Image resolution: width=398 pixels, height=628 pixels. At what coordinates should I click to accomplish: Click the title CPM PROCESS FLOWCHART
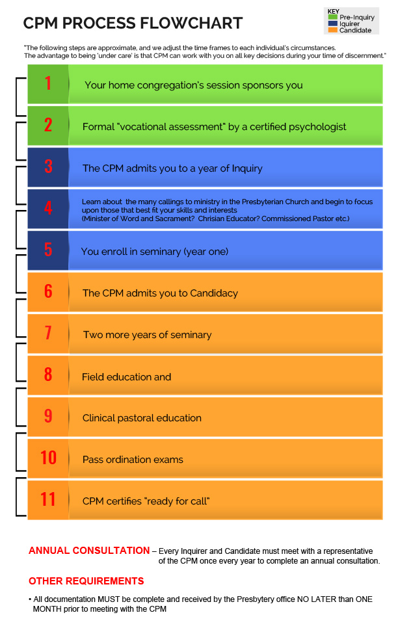(133, 24)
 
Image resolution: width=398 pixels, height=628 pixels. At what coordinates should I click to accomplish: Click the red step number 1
(48, 84)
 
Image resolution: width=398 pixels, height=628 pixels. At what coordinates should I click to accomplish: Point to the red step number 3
(48, 167)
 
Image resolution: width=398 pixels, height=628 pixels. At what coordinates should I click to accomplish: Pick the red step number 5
(48, 250)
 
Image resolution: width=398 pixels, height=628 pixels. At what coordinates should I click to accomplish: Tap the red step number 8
(48, 375)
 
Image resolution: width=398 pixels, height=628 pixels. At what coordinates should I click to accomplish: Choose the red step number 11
(48, 500)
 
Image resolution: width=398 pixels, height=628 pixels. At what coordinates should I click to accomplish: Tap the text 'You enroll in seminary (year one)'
(155, 252)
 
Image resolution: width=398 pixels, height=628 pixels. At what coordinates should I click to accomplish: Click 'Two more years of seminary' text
(147, 335)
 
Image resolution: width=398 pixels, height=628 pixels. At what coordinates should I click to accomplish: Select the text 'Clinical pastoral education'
(142, 418)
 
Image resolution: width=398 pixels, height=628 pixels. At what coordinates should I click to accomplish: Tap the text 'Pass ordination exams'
(133, 460)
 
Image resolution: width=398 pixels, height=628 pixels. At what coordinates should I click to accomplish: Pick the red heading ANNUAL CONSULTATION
(89, 551)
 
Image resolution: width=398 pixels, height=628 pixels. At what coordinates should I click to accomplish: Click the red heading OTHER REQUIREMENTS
(86, 581)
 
